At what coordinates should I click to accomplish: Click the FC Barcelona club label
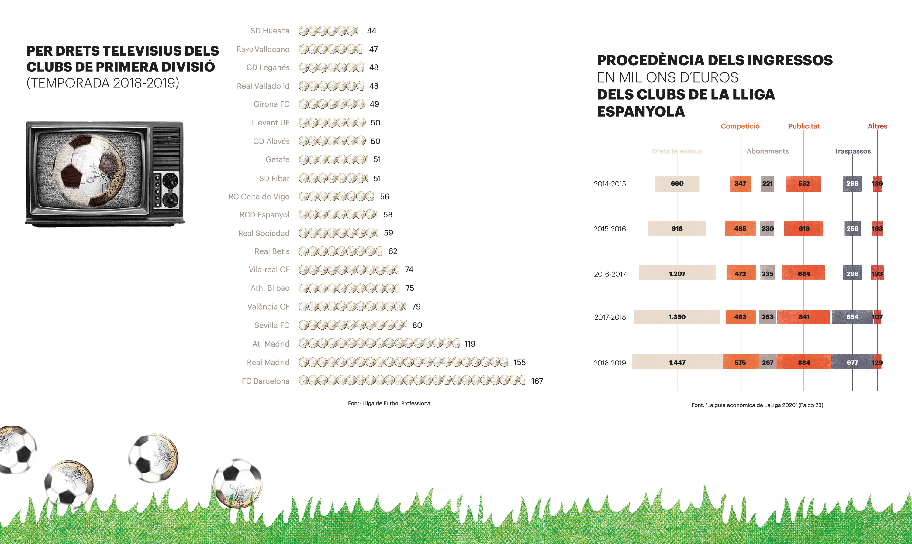(266, 381)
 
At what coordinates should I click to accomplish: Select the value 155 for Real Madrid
(520, 362)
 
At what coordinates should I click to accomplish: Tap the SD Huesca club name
(270, 31)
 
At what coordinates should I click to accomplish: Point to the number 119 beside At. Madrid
(470, 344)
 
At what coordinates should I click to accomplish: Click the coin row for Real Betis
(340, 251)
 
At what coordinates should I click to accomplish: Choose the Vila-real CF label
(269, 269)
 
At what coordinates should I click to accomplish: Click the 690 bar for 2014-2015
(677, 184)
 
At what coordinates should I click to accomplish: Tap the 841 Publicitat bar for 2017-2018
(803, 317)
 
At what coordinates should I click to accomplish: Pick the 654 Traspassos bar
(852, 317)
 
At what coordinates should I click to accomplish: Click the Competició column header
(740, 126)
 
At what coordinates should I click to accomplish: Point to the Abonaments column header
(768, 151)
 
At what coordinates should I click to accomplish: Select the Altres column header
(877, 126)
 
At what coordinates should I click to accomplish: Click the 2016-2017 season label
(610, 274)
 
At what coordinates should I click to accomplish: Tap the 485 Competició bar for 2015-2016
(740, 228)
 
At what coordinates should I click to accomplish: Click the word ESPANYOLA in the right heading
(641, 111)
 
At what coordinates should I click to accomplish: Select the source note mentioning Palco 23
(757, 405)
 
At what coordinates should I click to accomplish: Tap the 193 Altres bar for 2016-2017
(877, 273)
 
